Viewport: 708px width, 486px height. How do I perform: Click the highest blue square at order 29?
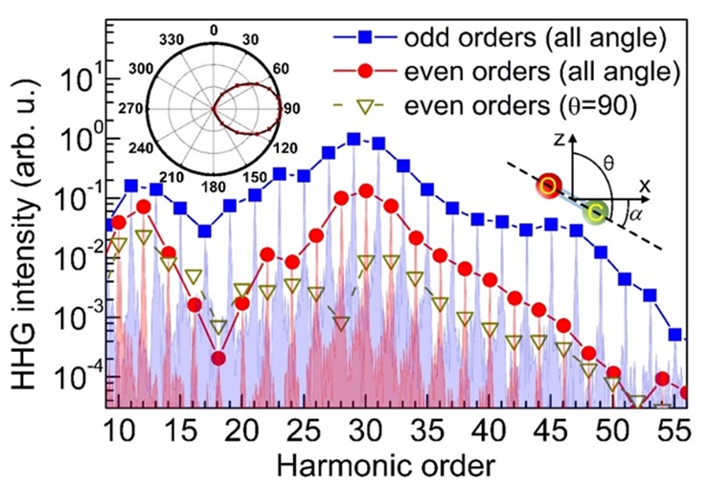(354, 139)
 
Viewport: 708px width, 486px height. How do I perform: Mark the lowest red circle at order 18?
(218, 358)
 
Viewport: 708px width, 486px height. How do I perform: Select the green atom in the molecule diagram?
(598, 211)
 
